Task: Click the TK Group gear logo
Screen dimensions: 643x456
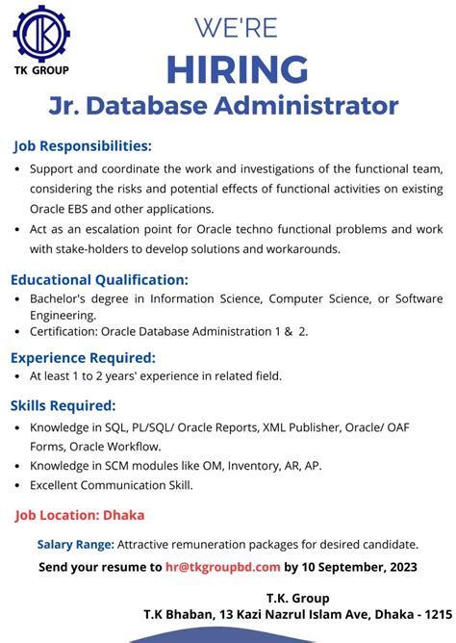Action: click(x=41, y=33)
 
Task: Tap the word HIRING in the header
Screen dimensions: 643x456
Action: click(x=238, y=69)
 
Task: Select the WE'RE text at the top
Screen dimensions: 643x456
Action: click(x=238, y=26)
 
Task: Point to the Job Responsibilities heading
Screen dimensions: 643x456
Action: click(x=83, y=146)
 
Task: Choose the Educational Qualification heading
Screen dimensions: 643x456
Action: click(x=100, y=280)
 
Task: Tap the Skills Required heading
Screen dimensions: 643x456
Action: click(x=63, y=404)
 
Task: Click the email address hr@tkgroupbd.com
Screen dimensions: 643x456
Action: click(x=224, y=567)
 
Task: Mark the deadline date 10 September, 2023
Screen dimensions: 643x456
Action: click(x=358, y=567)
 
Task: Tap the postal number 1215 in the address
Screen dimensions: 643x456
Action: click(x=438, y=613)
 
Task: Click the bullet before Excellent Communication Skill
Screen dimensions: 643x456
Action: click(x=19, y=485)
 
